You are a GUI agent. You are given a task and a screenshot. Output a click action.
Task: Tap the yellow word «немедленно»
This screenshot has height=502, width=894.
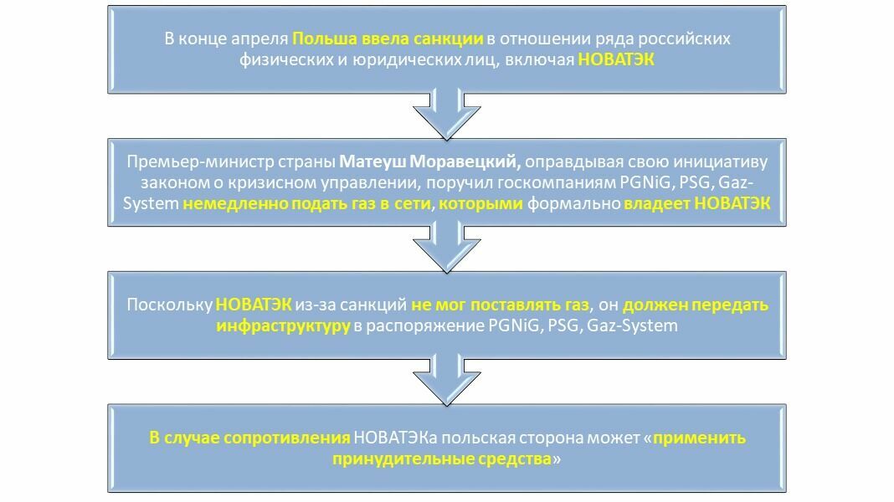(235, 203)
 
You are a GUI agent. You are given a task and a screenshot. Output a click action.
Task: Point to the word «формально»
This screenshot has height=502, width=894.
(573, 204)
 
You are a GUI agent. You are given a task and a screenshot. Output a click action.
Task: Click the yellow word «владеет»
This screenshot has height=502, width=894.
(657, 203)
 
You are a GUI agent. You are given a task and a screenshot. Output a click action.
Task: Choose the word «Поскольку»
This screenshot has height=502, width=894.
(169, 305)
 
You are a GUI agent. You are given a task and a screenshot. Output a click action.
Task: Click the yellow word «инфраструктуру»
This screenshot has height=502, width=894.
(283, 326)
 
